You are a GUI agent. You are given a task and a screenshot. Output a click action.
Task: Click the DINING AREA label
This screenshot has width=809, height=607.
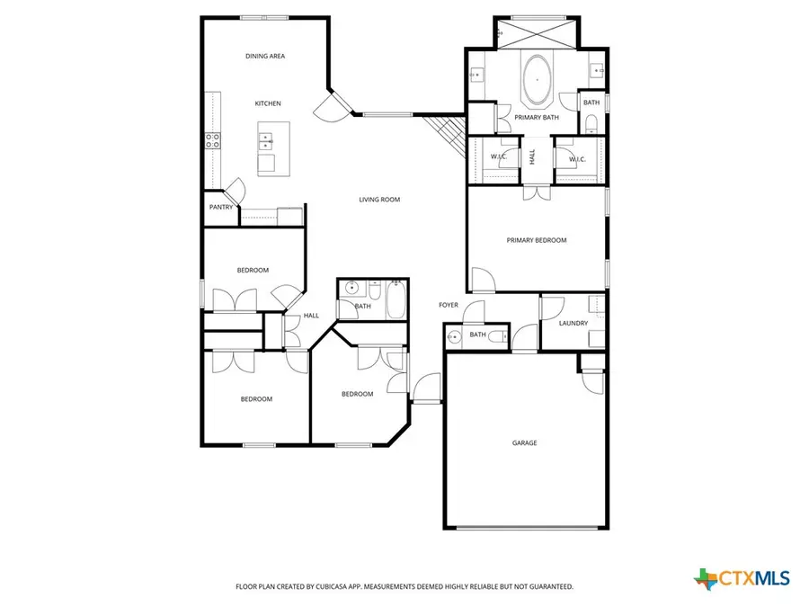click(265, 56)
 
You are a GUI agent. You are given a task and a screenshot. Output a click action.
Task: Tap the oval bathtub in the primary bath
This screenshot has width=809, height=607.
click(538, 79)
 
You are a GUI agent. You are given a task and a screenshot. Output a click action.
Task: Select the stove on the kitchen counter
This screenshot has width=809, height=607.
click(213, 140)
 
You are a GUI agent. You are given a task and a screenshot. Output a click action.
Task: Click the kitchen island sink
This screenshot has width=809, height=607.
click(267, 140)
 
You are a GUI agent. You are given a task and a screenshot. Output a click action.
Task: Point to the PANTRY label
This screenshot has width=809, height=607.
click(221, 208)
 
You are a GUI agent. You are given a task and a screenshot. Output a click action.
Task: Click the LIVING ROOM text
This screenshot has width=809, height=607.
click(379, 200)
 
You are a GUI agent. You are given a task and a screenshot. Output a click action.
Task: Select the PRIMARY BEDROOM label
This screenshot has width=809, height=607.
click(537, 240)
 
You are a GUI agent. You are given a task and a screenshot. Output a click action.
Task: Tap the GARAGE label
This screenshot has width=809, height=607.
click(524, 442)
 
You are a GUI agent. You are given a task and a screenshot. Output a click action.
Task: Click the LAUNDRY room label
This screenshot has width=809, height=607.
click(573, 323)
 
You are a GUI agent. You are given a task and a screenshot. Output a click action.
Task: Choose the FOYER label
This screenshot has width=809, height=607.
click(448, 305)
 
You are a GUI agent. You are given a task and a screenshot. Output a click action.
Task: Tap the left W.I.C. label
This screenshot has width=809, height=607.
click(498, 159)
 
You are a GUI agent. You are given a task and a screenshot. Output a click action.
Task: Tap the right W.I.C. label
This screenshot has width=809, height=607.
click(576, 159)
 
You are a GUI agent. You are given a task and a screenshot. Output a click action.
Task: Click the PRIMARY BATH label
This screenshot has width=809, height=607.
click(538, 117)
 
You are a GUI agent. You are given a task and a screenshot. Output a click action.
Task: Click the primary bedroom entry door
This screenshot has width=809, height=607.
click(480, 280)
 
